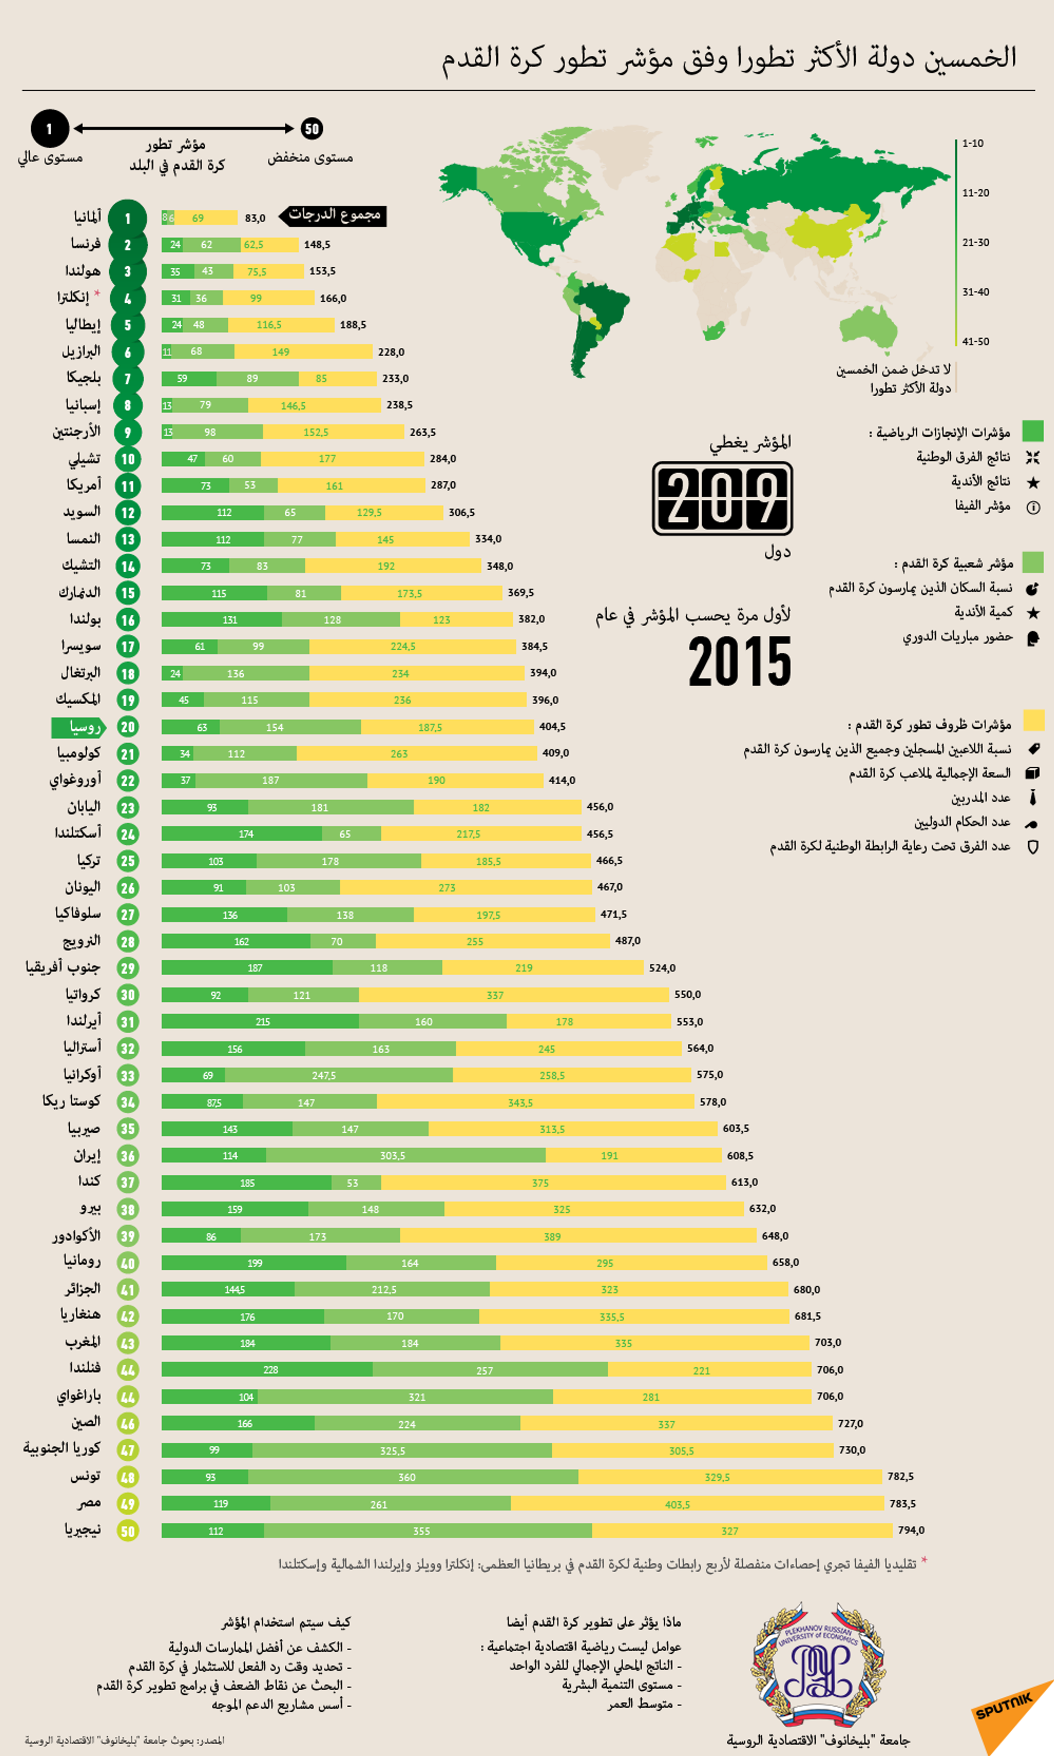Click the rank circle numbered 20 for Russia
[x=128, y=727]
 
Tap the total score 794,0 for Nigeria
[x=911, y=1530]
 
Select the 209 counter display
[x=722, y=498]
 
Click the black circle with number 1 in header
[x=49, y=129]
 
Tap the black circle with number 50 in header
[x=312, y=128]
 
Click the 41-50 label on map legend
[x=975, y=341]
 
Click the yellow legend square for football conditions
[x=1033, y=720]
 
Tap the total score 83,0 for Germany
[x=255, y=218]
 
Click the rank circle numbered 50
[x=128, y=1531]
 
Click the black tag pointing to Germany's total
[x=334, y=215]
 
